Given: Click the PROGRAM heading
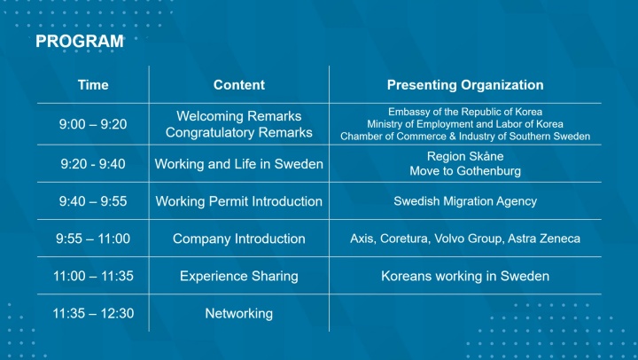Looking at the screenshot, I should tap(79, 42).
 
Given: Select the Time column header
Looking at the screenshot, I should tap(93, 85).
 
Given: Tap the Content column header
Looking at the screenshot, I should tap(239, 85).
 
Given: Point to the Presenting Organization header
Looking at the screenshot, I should tap(465, 85).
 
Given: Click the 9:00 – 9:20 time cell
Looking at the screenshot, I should tap(93, 124).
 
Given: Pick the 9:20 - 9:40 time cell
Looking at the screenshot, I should tap(93, 164).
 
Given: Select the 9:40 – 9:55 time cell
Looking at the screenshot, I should tap(93, 201).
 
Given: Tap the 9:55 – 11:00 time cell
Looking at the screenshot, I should tap(93, 239).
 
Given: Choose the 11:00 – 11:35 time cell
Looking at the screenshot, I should tap(93, 276).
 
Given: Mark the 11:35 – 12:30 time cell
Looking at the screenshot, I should tap(93, 313).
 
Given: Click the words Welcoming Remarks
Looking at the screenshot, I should tap(239, 116).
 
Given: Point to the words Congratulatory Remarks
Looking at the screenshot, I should tap(239, 133).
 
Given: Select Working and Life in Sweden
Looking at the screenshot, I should tap(239, 164).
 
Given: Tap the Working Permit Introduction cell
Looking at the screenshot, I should tap(239, 201).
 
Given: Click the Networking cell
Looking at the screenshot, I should tap(239, 313).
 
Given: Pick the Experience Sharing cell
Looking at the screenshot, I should tap(239, 276).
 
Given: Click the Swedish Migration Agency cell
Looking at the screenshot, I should tap(465, 201).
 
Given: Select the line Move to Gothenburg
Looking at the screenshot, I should tap(465, 170).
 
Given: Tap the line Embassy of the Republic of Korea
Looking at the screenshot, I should tap(465, 112).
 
